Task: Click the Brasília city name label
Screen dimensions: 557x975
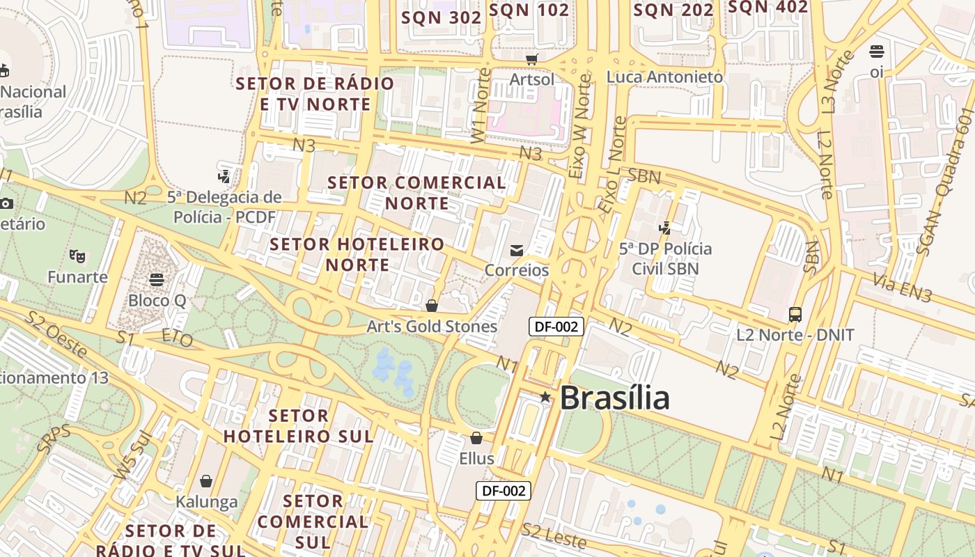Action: (614, 398)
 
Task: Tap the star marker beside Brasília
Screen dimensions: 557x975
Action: (545, 398)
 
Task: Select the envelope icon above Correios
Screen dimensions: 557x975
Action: (517, 251)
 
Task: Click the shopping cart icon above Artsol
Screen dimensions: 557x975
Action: (532, 60)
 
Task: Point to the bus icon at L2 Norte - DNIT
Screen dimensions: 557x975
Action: (795, 315)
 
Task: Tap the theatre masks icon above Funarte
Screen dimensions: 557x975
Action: (77, 256)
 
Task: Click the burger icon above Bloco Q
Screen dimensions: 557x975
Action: (157, 280)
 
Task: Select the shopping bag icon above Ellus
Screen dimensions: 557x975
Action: (476, 438)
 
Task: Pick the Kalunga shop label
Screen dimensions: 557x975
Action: (206, 501)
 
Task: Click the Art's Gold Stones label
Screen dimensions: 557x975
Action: (432, 327)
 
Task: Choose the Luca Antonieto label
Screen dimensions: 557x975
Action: (664, 77)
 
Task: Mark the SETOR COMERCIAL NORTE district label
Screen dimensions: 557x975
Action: (416, 193)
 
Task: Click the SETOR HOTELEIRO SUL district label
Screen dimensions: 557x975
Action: (298, 426)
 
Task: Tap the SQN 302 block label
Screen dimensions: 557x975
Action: (442, 17)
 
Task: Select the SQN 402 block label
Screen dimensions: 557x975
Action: (767, 8)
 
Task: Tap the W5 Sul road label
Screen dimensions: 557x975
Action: (132, 457)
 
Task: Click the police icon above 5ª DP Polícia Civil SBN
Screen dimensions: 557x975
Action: (665, 228)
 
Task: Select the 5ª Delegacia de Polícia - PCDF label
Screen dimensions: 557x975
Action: (224, 207)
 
